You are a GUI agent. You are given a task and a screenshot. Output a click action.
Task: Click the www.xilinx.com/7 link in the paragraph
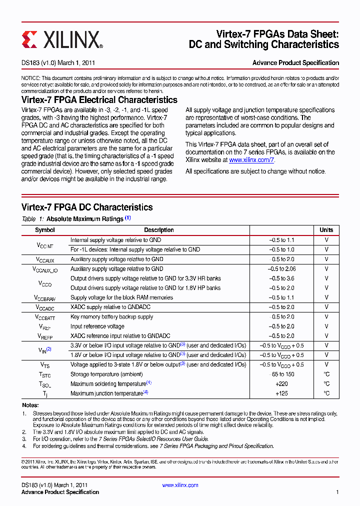251,160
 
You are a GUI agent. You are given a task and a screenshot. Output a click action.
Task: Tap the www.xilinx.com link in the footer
180,485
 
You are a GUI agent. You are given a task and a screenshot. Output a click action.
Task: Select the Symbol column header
45,230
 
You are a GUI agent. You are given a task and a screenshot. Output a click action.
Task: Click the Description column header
159,230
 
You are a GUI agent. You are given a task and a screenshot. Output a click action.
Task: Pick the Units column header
326,230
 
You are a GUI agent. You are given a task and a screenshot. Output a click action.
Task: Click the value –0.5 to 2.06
281,269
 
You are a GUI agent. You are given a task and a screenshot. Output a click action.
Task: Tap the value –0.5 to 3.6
281,278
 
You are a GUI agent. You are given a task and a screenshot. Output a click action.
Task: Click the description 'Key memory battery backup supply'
111,317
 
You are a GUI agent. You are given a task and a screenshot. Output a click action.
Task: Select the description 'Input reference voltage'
97,326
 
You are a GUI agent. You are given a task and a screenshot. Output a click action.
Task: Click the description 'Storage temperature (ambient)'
106,374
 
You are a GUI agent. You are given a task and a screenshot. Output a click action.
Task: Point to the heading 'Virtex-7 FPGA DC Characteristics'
87,207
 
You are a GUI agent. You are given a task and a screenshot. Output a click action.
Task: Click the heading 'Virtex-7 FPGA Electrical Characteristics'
99,100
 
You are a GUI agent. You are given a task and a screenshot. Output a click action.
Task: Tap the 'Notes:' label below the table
30,405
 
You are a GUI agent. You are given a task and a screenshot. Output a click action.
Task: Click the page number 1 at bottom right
337,492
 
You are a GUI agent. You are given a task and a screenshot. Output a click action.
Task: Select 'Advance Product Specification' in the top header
295,63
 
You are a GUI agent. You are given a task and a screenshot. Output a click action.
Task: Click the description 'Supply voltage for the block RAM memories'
121,297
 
